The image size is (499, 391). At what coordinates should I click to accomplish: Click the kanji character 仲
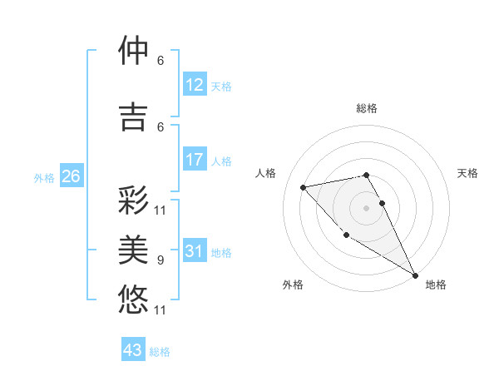click(134, 52)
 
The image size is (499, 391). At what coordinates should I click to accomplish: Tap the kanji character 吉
click(134, 116)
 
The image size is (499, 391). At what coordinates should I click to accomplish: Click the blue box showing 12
click(195, 85)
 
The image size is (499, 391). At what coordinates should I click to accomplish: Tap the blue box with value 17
click(195, 160)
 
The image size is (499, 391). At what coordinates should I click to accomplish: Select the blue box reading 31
click(195, 251)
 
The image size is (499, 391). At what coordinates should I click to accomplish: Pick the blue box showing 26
click(71, 176)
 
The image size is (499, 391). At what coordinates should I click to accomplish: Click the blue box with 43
click(133, 350)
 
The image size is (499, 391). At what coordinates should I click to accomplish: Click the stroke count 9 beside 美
click(161, 260)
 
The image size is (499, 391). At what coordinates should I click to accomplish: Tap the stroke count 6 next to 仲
click(161, 61)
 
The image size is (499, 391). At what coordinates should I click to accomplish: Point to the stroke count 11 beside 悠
click(161, 310)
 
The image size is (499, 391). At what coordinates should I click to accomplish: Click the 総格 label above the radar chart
click(367, 108)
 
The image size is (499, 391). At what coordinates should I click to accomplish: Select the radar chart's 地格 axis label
click(436, 285)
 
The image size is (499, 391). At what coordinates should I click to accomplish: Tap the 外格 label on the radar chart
click(293, 285)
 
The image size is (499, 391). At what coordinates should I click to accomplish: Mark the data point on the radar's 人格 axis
click(304, 187)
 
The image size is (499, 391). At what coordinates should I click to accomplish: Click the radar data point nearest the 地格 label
click(415, 275)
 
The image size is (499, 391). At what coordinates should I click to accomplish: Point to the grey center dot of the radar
click(367, 208)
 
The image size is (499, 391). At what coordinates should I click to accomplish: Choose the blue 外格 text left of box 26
click(44, 177)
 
